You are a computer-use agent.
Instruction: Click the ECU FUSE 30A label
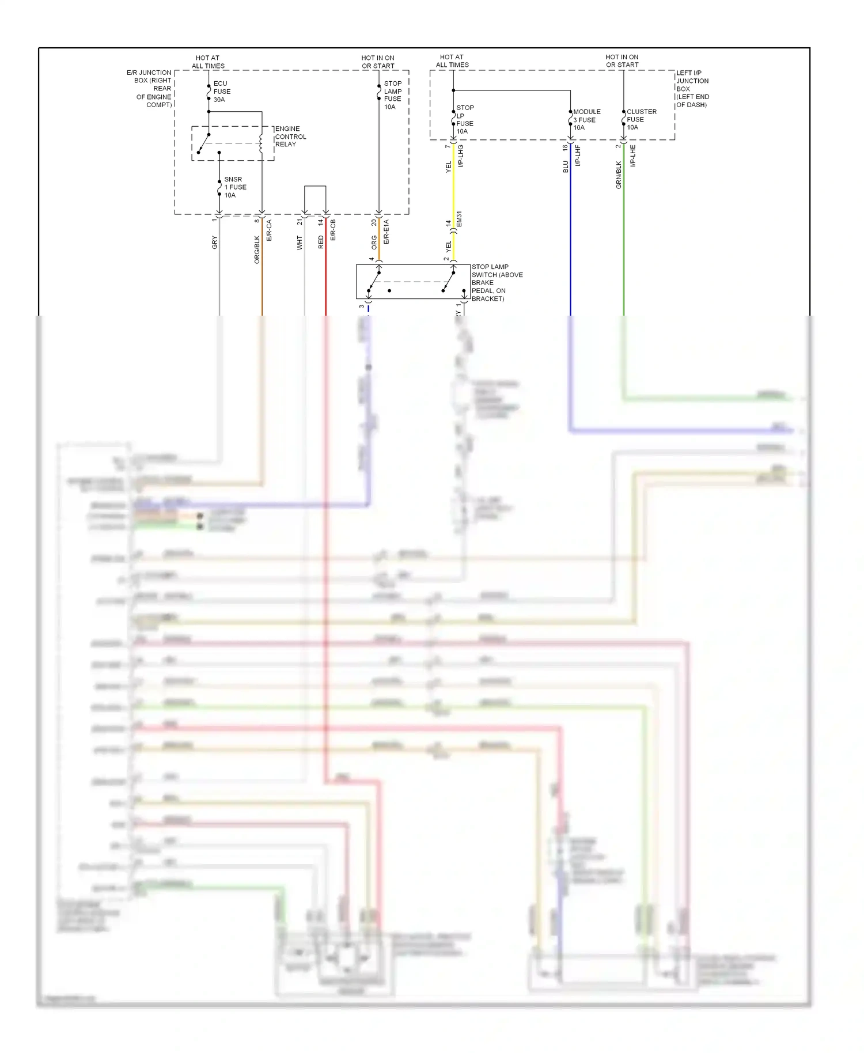pos(222,92)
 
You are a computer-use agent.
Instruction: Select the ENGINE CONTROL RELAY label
pos(290,137)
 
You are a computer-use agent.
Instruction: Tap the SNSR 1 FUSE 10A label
pos(234,187)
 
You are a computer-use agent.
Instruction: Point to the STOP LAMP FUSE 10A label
pos(393,95)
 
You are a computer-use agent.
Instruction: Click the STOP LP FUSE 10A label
pos(464,120)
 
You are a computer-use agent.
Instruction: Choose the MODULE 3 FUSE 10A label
pos(586,120)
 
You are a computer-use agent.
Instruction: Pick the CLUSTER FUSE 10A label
pos(641,120)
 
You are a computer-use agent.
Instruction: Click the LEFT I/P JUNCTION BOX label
pos(692,89)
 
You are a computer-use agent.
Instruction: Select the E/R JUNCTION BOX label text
pos(150,89)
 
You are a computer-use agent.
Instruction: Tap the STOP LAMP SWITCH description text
pos(497,283)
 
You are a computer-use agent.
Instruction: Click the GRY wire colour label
pos(215,243)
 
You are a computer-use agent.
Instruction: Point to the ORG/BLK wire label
pos(257,249)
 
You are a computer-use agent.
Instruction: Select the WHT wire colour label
pos(300,243)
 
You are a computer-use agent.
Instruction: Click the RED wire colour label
pos(321,243)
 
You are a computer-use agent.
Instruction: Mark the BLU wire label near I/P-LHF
pos(566,166)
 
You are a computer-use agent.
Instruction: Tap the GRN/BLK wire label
pos(619,175)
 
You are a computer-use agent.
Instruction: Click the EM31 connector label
pos(460,219)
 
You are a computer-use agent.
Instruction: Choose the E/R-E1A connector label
pos(386,232)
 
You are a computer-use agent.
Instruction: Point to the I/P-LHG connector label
pos(461,156)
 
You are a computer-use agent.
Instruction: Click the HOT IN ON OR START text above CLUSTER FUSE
pos(622,61)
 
